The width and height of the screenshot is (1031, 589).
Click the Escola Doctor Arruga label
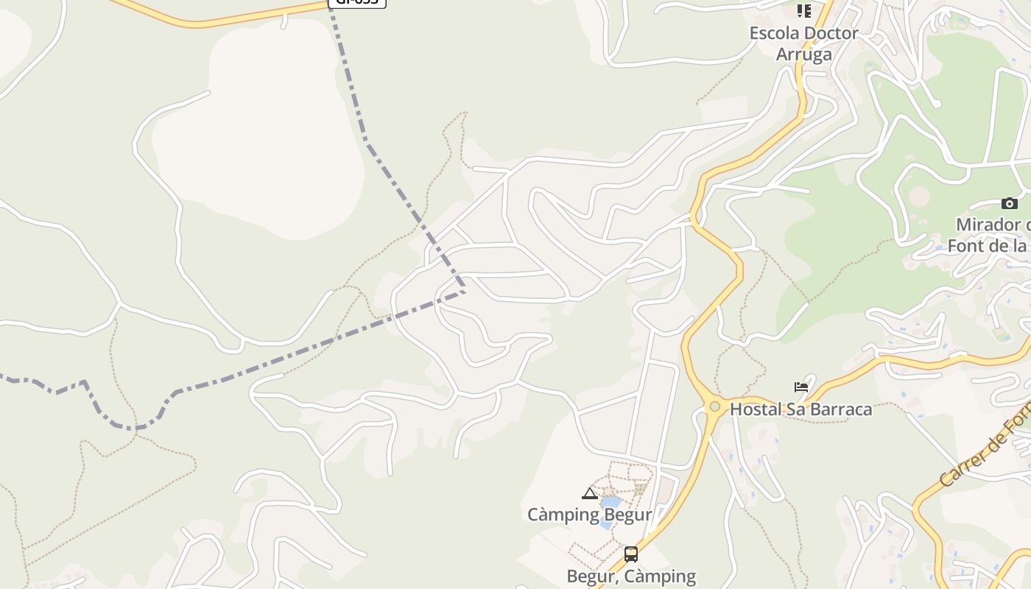(803, 43)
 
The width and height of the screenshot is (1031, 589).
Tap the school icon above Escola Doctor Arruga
(803, 11)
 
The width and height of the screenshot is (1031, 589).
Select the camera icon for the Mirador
(1009, 203)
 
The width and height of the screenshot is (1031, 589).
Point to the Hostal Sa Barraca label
(800, 409)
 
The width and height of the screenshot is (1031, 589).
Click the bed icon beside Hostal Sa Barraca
(801, 387)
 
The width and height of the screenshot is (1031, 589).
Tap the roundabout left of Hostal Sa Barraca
(714, 406)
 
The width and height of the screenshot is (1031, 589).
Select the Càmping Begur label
(589, 514)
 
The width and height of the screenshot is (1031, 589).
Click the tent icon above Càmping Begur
(589, 493)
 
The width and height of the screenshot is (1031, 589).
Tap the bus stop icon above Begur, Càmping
(631, 554)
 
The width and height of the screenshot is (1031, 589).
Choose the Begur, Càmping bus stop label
(631, 576)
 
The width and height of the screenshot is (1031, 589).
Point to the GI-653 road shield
(357, 2)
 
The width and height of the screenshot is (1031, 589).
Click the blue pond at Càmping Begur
(609, 504)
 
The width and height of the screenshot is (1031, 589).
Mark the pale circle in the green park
(919, 197)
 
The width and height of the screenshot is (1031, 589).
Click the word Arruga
(803, 54)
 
